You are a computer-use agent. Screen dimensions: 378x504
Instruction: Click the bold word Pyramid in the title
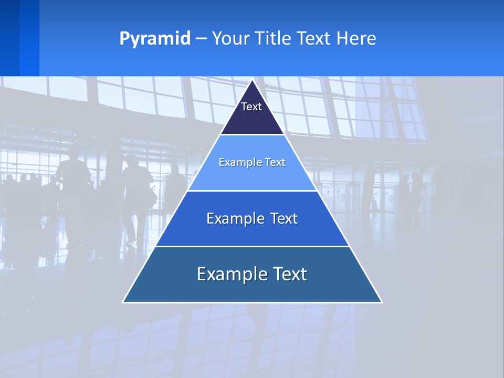(x=155, y=39)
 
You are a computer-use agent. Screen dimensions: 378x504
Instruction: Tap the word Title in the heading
(x=275, y=39)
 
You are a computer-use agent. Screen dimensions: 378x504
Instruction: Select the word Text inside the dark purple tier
(x=251, y=107)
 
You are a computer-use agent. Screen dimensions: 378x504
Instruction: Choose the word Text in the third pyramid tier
(x=284, y=218)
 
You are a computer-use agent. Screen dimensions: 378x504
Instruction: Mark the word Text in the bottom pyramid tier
(x=290, y=274)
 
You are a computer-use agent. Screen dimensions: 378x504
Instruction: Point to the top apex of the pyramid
(x=253, y=80)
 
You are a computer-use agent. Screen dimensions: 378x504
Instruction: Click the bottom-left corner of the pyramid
(x=123, y=302)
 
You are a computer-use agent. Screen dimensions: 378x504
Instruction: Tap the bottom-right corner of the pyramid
(x=381, y=302)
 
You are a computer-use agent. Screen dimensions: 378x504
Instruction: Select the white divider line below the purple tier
(x=253, y=135)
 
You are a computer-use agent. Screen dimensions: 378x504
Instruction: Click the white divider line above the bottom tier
(x=253, y=246)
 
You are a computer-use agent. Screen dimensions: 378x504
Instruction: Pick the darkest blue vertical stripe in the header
(x=9, y=38)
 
